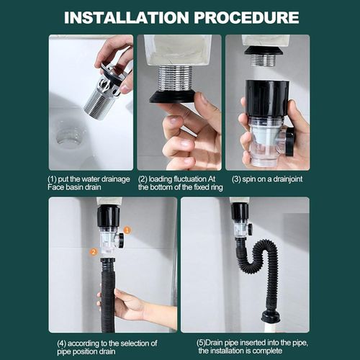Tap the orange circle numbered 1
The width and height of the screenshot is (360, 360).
(127, 230)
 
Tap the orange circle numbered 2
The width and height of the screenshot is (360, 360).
(94, 252)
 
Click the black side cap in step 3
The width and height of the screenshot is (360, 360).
(289, 142)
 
